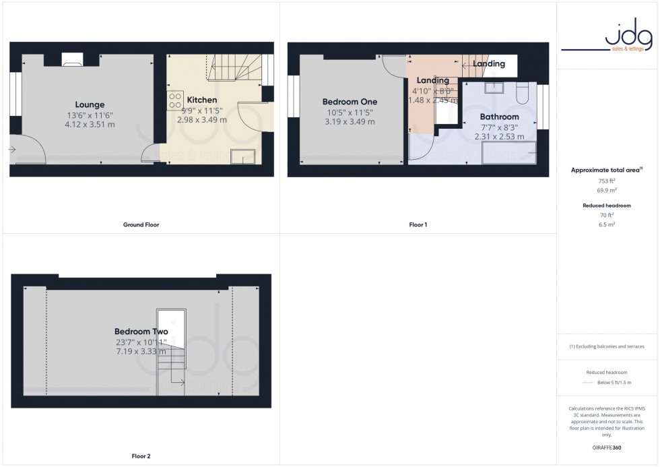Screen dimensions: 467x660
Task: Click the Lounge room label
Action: [x=90, y=104]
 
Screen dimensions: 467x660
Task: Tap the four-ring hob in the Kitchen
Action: [x=175, y=100]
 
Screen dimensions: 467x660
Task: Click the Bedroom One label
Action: [x=349, y=102]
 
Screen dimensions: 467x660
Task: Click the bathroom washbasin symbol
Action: [x=495, y=88]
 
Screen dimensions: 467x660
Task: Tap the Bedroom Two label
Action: [x=141, y=332]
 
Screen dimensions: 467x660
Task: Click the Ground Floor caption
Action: [x=141, y=224]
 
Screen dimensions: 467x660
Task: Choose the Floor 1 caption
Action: [x=418, y=224]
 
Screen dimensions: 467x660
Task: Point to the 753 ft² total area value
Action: [x=607, y=181]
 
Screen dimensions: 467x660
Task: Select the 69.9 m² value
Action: [x=607, y=191]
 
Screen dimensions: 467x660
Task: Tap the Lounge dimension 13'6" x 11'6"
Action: [x=90, y=115]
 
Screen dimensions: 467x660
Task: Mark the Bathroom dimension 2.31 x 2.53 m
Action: [x=499, y=136]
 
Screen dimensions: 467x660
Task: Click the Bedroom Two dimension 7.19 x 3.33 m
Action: [x=141, y=352]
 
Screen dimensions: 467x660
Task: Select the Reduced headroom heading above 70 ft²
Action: [x=607, y=205]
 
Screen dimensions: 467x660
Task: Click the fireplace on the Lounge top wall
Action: [x=72, y=61]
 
